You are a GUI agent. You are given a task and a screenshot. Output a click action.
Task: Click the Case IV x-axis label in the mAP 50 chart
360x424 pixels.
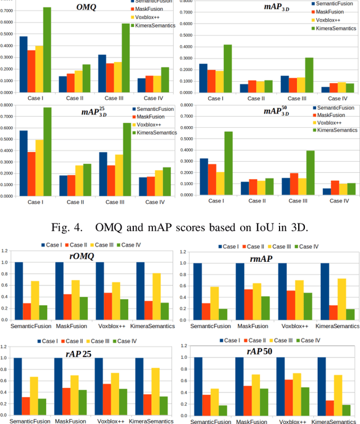[x=335, y=200]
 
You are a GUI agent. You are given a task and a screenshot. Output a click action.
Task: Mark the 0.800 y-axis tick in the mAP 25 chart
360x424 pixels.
[x=7, y=105]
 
